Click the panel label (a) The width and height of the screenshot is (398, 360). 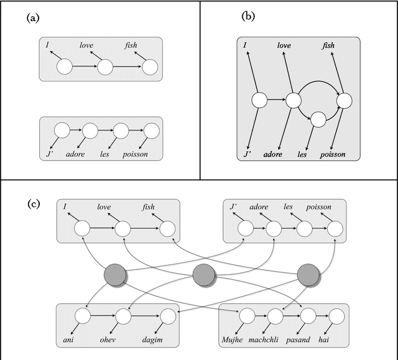(x=32, y=19)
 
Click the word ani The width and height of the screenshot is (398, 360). (x=68, y=339)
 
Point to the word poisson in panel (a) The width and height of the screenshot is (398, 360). (x=135, y=154)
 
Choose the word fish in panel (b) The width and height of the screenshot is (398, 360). (x=328, y=45)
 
